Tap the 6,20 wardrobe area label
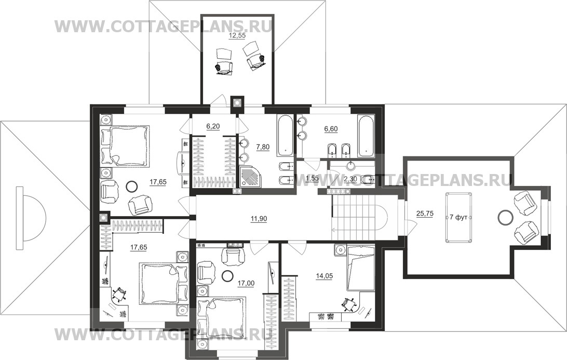(213, 126)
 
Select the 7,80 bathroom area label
(263, 146)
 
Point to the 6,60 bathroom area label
(331, 129)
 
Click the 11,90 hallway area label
(259, 219)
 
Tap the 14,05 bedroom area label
(325, 276)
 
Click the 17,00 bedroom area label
(246, 283)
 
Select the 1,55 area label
(312, 178)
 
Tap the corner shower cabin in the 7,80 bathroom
(250, 177)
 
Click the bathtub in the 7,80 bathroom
(285, 136)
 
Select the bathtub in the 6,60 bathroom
(366, 136)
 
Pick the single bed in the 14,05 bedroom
(360, 268)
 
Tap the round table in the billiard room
(505, 218)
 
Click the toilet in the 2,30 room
(368, 179)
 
